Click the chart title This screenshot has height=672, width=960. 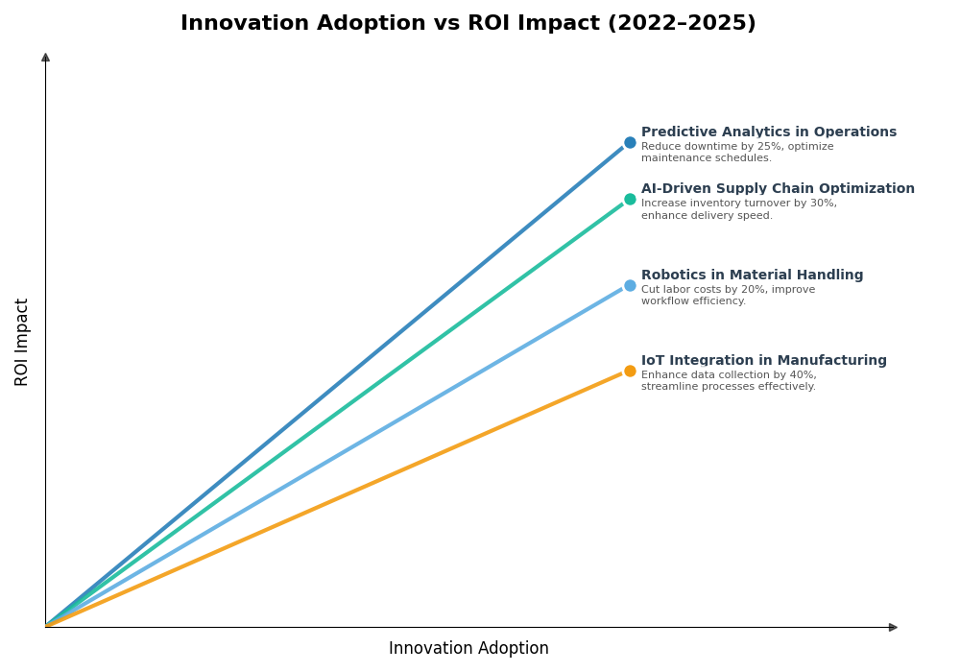click(x=468, y=24)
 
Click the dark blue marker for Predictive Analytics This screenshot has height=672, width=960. click(x=630, y=142)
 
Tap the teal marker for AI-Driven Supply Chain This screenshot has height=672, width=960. click(x=630, y=200)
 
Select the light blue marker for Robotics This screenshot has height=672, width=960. click(x=630, y=285)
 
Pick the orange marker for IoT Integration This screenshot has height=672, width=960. click(x=630, y=372)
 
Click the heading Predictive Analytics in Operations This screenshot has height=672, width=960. click(x=768, y=132)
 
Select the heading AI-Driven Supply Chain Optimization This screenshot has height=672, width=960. click(x=778, y=189)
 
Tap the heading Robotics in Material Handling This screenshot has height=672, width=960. click(x=752, y=276)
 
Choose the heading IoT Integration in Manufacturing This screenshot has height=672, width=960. click(x=763, y=361)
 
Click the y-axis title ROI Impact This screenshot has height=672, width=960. click(x=22, y=342)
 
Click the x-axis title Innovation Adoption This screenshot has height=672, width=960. click(x=468, y=649)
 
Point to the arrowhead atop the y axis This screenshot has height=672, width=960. click(x=45, y=58)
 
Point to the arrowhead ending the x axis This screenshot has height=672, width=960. click(x=893, y=627)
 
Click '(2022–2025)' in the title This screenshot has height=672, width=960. click(x=682, y=24)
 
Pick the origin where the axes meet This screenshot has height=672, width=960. click(x=45, y=627)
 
